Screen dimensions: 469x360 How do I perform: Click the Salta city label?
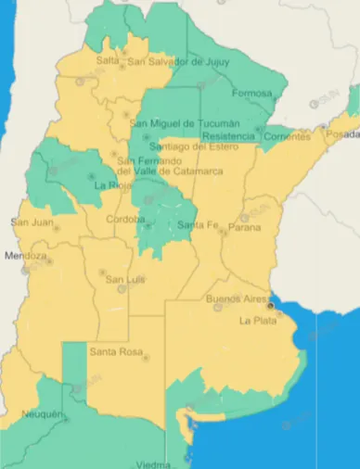(x=108, y=61)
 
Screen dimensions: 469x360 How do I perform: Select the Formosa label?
(x=253, y=95)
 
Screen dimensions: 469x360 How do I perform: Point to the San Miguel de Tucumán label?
(x=185, y=124)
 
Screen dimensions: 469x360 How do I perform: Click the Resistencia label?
(x=227, y=136)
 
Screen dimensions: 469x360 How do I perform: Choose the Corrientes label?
(x=287, y=136)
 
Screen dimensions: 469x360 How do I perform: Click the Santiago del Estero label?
(x=190, y=146)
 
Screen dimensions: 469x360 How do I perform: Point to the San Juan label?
(x=32, y=222)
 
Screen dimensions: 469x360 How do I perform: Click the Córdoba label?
(x=125, y=221)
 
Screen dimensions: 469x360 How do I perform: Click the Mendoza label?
(x=25, y=256)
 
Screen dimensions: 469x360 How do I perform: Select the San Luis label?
(x=122, y=280)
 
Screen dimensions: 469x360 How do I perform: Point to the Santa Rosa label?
(x=116, y=352)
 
